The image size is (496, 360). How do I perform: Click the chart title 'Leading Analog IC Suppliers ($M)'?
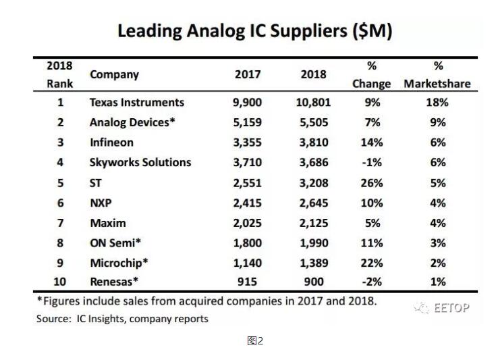(255, 31)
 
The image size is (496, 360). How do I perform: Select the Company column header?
(114, 74)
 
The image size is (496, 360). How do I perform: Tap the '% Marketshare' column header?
(437, 75)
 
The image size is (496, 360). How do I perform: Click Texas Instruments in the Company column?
(136, 103)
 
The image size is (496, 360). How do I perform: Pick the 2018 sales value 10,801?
(312, 103)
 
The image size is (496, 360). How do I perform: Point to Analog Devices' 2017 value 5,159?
(248, 123)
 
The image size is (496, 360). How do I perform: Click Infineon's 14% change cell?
(371, 143)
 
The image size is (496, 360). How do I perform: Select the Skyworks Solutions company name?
(140, 162)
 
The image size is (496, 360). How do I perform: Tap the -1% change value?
(371, 162)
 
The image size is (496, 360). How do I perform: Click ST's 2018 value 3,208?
(312, 182)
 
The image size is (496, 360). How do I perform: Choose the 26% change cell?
(371, 182)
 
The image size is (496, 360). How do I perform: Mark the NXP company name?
(101, 202)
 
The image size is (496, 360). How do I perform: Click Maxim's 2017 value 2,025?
(248, 222)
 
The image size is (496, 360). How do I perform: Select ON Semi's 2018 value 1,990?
(312, 242)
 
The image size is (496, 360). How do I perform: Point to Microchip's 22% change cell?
(371, 261)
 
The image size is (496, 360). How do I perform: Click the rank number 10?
(60, 282)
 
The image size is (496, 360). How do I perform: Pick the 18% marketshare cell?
(437, 103)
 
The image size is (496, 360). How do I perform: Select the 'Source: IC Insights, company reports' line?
(122, 318)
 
